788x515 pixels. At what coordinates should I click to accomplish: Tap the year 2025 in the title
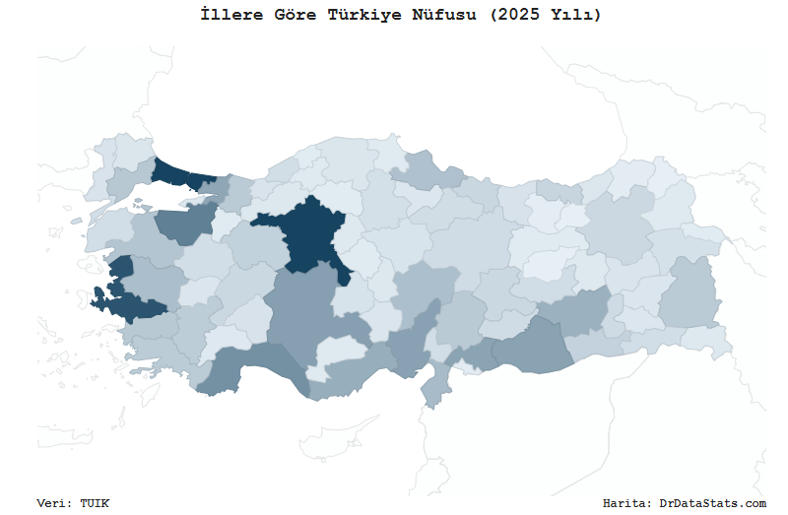[x=518, y=15]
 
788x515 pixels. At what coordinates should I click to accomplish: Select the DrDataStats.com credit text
[x=712, y=503]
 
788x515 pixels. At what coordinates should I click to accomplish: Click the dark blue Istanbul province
[x=177, y=175]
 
